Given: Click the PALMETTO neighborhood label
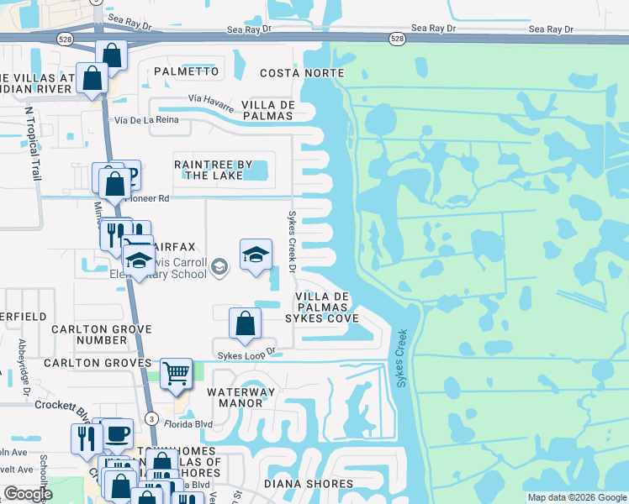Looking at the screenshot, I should click(186, 71).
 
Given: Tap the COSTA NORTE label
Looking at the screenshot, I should click(302, 73).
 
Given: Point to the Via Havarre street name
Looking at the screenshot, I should click(210, 99).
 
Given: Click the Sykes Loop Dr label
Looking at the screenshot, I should click(246, 354).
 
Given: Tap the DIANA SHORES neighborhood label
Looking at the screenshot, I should click(309, 484).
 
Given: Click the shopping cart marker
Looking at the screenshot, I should click(175, 371).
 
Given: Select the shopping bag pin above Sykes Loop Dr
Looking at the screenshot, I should click(245, 323).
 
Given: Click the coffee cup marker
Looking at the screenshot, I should click(118, 433).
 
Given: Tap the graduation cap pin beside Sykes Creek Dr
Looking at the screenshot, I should click(256, 255).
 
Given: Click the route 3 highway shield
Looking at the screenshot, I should click(151, 417).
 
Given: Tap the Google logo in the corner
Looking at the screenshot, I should click(29, 494).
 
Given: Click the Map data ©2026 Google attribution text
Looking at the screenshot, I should click(577, 497).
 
